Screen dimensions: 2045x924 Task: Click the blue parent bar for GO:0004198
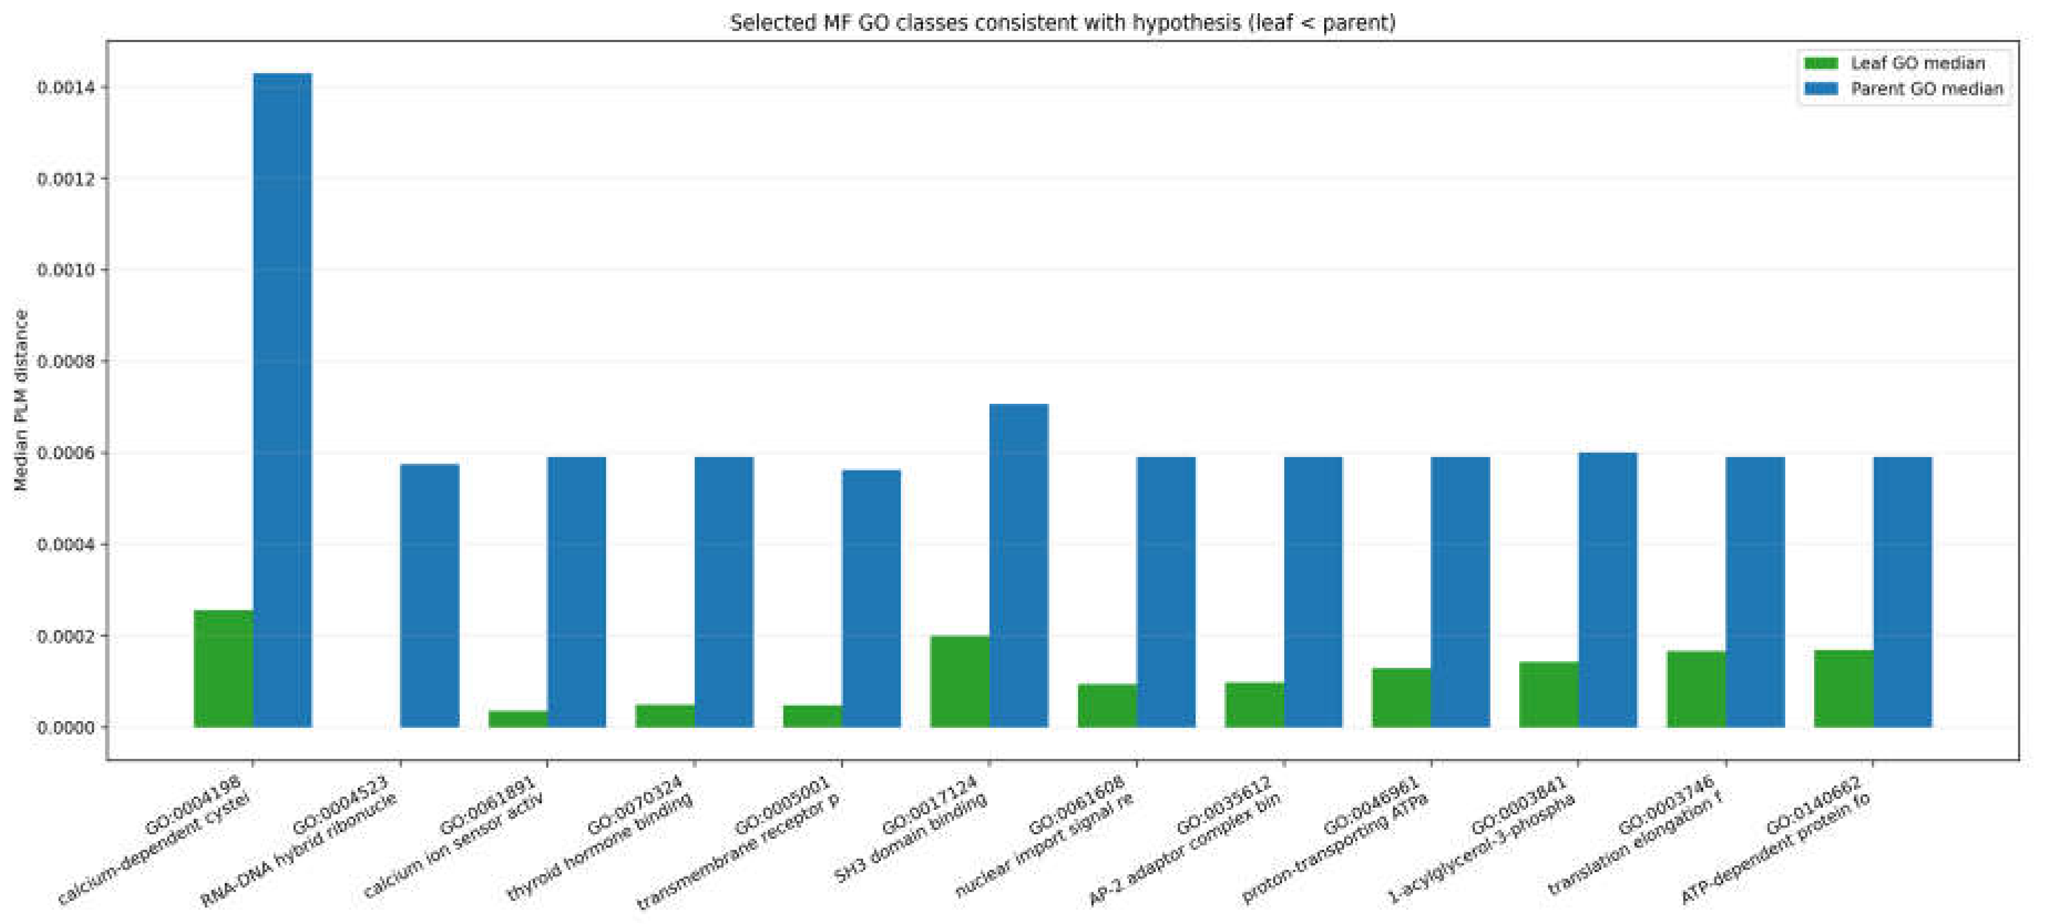[x=283, y=400]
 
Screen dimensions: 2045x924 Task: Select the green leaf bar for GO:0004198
[x=224, y=669]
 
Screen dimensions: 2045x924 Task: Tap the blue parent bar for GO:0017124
[x=1018, y=565]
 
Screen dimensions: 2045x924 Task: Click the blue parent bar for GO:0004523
[x=429, y=596]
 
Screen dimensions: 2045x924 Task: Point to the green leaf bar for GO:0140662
[x=1844, y=688]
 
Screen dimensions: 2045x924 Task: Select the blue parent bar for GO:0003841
[x=1608, y=590]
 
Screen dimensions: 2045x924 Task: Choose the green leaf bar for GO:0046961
[x=1402, y=697]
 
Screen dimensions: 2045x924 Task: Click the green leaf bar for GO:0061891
[x=519, y=718]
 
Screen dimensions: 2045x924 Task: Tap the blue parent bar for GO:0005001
[x=872, y=598]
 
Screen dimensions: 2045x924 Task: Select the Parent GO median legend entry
[x=1904, y=88]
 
